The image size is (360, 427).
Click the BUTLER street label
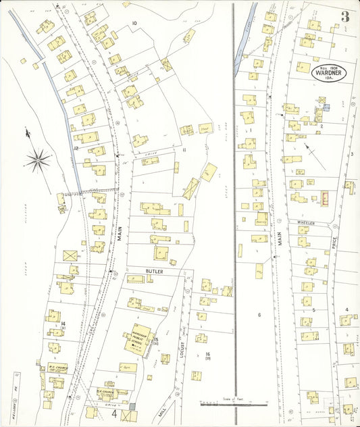pos(154,270)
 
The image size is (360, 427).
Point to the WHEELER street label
pos(306,222)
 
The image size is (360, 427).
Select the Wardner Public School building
pos(138,338)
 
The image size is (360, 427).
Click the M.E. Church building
pos(110,392)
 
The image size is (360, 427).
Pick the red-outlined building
pos(326,197)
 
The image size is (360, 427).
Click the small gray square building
pos(132,407)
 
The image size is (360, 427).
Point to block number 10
pos(134,24)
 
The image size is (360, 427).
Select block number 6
pos(259,315)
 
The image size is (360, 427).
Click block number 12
pos(77,147)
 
